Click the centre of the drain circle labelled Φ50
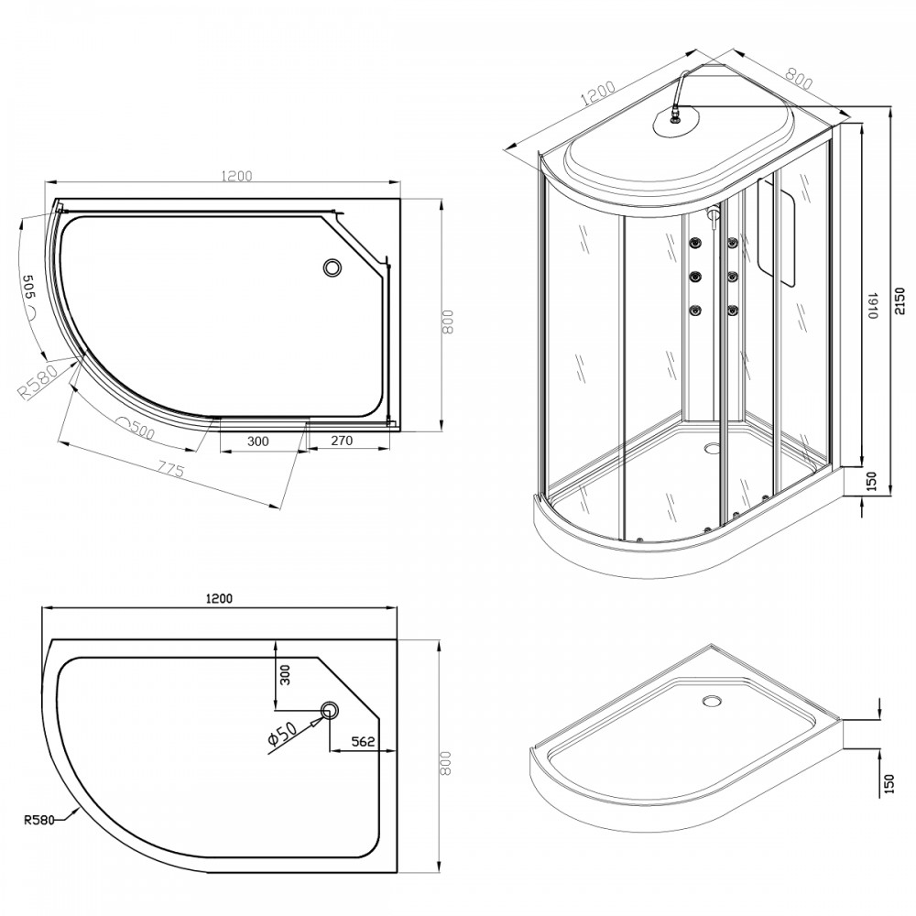(x=329, y=710)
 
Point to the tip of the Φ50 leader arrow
(x=323, y=716)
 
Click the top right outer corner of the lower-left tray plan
(x=398, y=639)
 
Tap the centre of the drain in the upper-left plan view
(x=332, y=267)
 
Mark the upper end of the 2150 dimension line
(x=889, y=108)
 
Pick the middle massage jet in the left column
(x=695, y=276)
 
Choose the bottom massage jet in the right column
(x=731, y=311)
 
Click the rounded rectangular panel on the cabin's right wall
(x=777, y=232)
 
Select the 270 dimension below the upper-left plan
(x=342, y=442)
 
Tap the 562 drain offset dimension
(x=363, y=741)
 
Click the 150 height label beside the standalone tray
(x=889, y=781)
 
